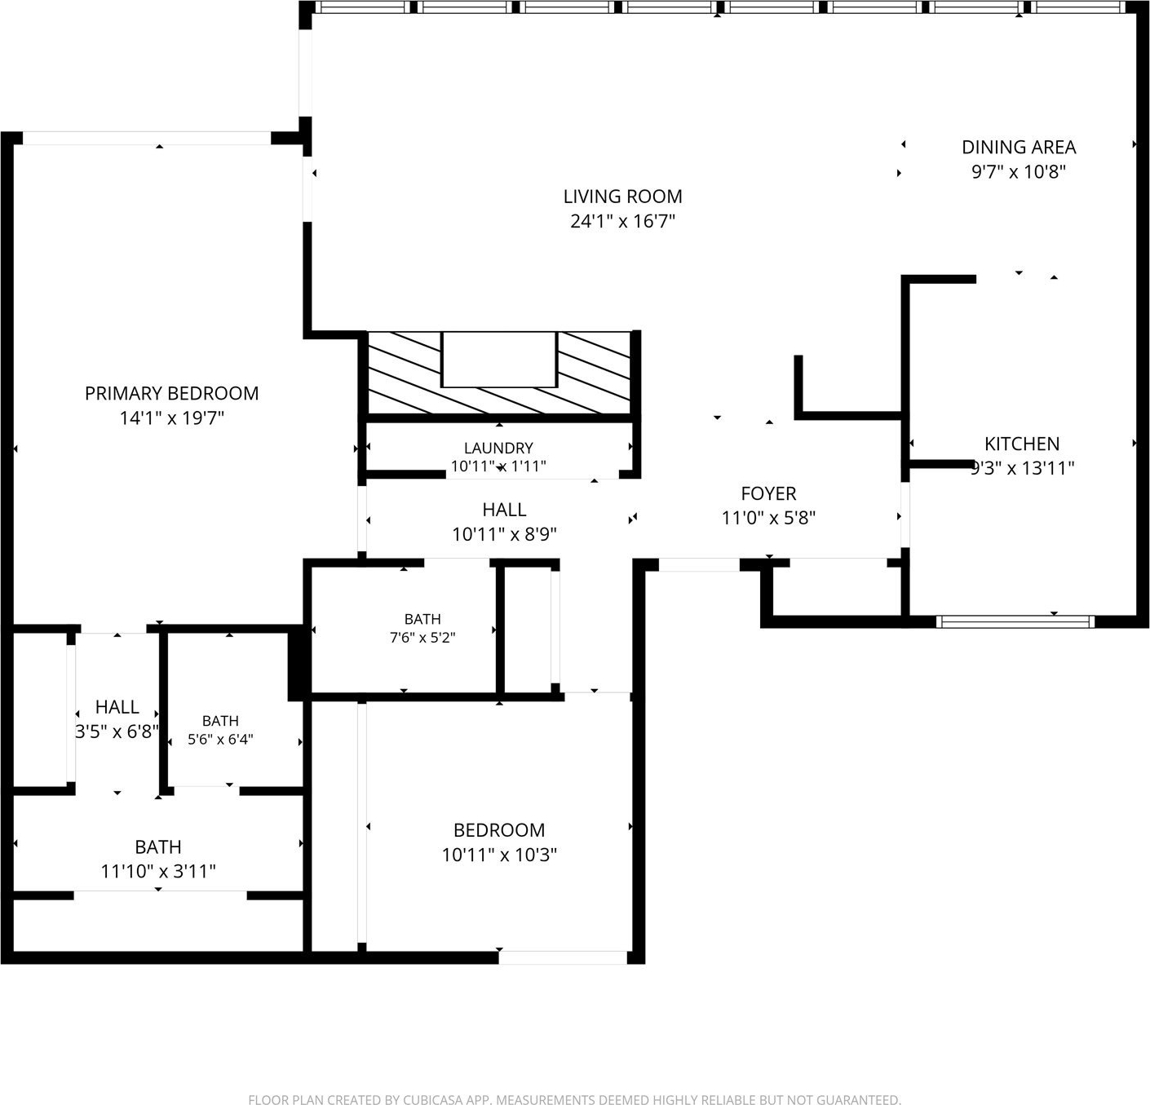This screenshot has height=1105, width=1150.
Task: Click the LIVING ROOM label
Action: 622,197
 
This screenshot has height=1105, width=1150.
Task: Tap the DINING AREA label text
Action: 1018,147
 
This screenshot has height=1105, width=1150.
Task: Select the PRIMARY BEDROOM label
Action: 171,394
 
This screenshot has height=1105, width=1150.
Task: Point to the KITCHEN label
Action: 1022,444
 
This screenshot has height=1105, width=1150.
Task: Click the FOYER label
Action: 768,493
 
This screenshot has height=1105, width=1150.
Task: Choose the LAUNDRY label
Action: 498,448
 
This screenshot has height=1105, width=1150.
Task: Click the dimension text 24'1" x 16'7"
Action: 622,221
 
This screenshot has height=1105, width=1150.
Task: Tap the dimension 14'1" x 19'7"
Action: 172,418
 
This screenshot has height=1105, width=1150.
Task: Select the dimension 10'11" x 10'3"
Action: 499,855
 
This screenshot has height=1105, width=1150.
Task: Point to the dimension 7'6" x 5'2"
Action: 422,638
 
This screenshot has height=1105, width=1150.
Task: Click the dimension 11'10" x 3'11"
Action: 158,872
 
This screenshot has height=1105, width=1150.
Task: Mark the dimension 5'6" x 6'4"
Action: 220,739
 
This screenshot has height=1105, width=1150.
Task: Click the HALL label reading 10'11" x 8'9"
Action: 504,510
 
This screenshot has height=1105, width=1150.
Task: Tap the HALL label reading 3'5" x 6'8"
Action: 117,707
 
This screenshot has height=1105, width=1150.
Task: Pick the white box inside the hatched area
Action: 499,360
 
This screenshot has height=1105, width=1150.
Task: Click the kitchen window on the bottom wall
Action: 1015,621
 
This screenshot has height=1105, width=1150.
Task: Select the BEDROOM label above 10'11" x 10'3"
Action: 499,830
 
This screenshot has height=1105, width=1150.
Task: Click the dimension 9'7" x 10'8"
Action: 1018,172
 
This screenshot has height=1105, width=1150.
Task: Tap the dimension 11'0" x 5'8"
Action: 768,518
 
